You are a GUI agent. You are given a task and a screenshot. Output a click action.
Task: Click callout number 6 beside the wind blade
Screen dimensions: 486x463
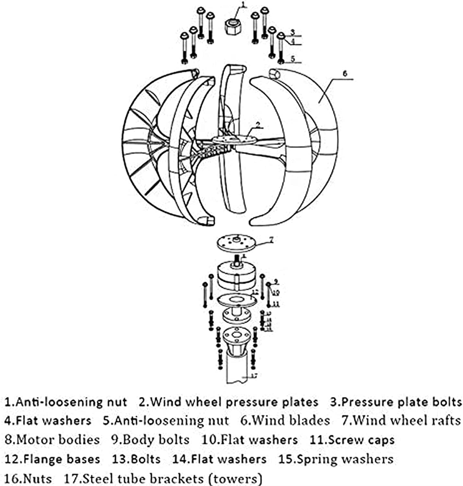(344, 74)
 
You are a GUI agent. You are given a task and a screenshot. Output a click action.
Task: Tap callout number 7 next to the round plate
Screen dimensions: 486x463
(271, 239)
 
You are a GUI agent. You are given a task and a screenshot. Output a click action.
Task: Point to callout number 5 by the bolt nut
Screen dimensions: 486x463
(293, 59)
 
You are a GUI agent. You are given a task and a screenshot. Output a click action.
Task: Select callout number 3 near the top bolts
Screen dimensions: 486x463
(292, 32)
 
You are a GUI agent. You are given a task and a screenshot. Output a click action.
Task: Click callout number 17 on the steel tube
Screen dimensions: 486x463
(254, 376)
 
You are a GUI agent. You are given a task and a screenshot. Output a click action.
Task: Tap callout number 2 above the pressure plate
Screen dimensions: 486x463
(258, 124)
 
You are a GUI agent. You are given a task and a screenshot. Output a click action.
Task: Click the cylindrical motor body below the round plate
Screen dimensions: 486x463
(236, 277)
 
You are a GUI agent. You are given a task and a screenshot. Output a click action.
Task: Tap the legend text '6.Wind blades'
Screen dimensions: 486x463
(285, 421)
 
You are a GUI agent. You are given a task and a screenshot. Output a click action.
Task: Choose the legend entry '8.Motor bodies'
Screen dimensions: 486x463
(52, 440)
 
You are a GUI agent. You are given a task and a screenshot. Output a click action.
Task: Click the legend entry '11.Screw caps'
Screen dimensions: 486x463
(352, 440)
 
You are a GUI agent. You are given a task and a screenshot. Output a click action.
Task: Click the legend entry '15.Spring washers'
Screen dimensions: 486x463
(336, 459)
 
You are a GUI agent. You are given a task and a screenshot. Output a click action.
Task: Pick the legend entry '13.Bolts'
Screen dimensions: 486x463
(136, 459)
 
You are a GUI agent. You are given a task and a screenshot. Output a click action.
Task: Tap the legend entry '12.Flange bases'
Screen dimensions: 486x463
(52, 459)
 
